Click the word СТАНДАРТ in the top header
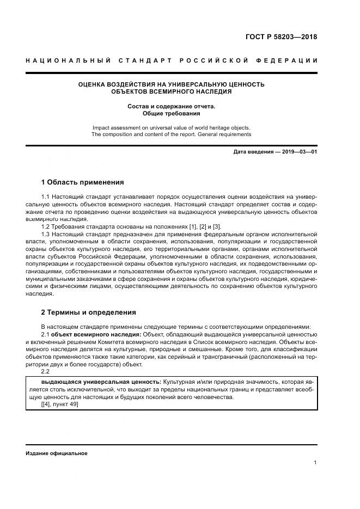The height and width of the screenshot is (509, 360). pyautogui.click(x=143, y=60)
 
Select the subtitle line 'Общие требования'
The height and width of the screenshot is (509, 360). pyautogui.click(x=171, y=114)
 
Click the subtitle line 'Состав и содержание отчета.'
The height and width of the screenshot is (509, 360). pyautogui.click(x=171, y=106)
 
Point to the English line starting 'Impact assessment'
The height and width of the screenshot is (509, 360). pyautogui.click(x=171, y=127)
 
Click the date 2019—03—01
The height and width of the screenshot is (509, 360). pyautogui.click(x=298, y=152)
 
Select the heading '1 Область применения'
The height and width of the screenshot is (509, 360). pyautogui.click(x=82, y=182)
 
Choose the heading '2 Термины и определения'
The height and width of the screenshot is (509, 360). pyautogui.click(x=88, y=312)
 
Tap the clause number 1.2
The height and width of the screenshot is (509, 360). pyautogui.click(x=46, y=226)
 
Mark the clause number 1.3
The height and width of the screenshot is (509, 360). pyautogui.click(x=46, y=234)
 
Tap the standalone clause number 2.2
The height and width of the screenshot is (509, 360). pyautogui.click(x=46, y=372)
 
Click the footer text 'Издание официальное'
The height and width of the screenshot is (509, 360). pyautogui.click(x=56, y=453)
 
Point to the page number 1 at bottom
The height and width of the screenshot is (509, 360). pyautogui.click(x=315, y=462)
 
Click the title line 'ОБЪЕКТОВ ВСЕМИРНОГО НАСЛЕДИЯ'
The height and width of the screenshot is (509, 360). pyautogui.click(x=171, y=91)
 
